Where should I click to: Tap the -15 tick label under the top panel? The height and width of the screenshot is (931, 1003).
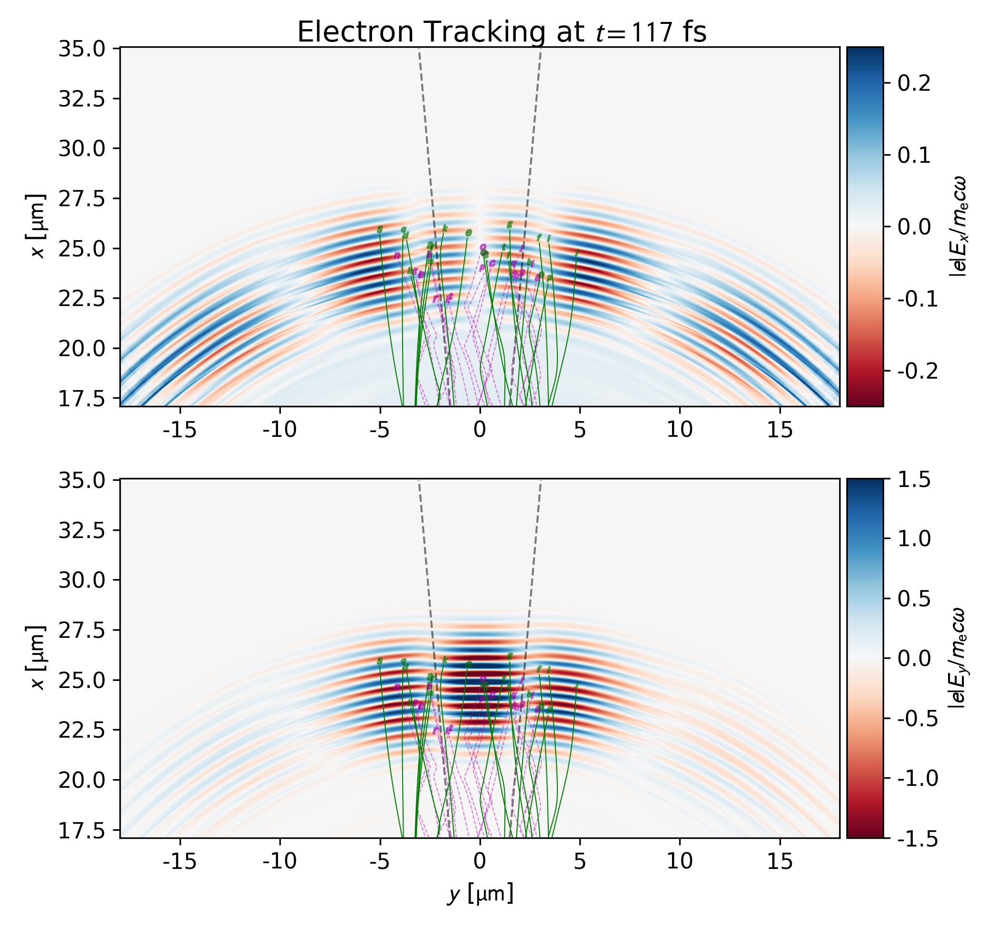180,431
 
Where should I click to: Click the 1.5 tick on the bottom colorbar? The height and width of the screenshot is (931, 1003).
914,480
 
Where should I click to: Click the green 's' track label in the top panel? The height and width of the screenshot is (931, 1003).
380,230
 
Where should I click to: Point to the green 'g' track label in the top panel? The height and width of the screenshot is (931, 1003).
510,224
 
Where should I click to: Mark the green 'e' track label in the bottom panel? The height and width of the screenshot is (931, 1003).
469,664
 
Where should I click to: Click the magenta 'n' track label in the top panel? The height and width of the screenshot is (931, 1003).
397,255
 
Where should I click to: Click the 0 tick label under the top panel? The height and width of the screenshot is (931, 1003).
480,431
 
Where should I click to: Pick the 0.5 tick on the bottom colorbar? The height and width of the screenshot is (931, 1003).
914,600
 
